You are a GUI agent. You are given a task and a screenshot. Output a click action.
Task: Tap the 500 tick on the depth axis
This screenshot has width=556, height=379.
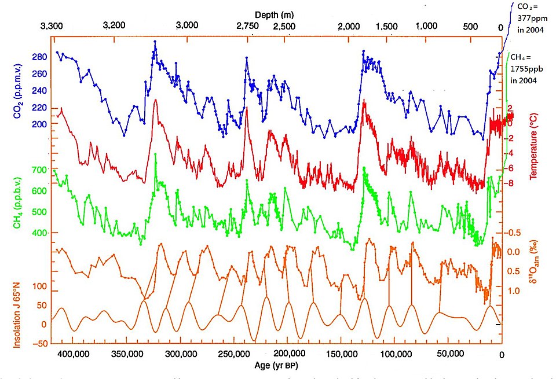pos(470,26)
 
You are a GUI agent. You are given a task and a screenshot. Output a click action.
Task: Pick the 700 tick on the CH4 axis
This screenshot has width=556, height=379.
pos(39,170)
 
